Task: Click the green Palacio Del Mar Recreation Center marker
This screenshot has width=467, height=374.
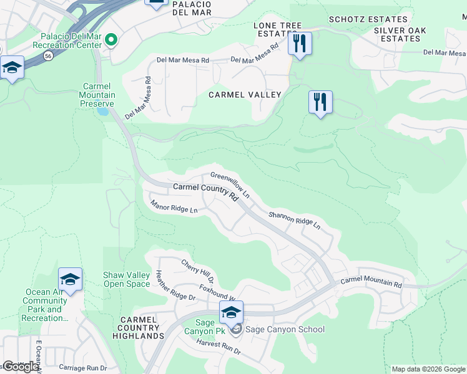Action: coord(112,41)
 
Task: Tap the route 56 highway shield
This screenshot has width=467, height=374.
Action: coord(48,55)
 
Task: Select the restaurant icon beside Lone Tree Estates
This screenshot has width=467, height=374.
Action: coord(300,44)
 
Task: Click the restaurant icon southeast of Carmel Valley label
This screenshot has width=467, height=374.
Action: coord(320,102)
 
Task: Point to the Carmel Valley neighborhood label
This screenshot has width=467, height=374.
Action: coord(245,95)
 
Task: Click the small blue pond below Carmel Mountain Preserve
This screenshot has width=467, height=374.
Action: coord(101,112)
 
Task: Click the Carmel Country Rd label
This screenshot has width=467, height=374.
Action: coord(205,191)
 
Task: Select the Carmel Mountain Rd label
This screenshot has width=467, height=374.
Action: coord(371,282)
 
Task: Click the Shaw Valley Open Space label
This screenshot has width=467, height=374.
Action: coord(127,279)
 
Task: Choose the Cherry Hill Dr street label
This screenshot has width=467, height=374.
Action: coord(198,267)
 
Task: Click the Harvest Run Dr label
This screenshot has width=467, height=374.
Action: coord(218,347)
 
